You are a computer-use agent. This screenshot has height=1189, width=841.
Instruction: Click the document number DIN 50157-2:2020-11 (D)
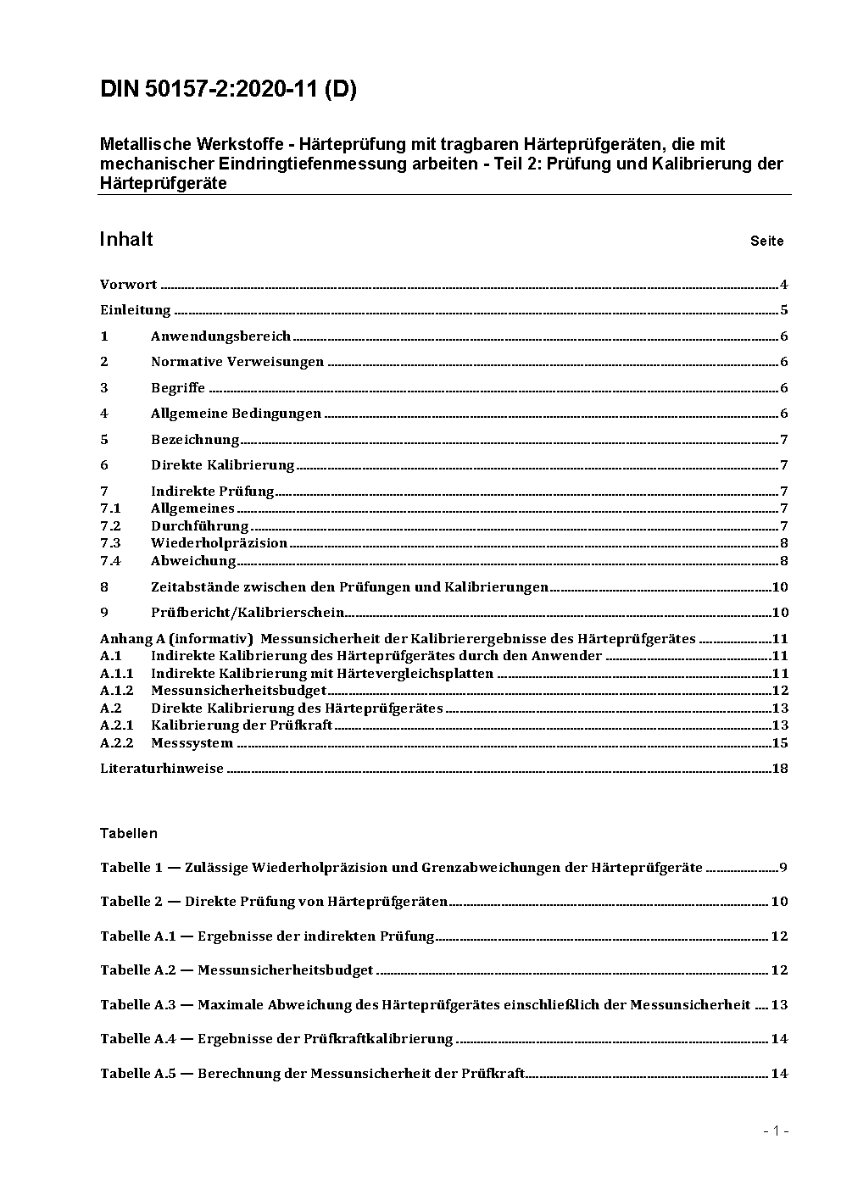(228, 89)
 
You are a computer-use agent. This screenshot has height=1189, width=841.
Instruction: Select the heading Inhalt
(126, 239)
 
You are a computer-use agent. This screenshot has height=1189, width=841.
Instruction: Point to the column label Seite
(766, 242)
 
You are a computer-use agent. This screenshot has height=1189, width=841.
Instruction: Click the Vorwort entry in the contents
(129, 285)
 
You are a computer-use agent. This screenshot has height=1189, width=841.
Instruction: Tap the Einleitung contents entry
(136, 310)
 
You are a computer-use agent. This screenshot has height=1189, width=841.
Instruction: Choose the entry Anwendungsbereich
(220, 336)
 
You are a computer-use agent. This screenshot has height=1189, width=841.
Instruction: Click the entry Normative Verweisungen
(237, 362)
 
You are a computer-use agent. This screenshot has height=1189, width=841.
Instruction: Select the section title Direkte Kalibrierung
(222, 465)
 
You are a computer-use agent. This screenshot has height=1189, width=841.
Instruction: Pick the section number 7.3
(110, 543)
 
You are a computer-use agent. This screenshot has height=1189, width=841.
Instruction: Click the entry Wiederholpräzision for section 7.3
(219, 543)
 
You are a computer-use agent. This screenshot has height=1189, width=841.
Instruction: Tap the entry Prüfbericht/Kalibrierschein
(248, 613)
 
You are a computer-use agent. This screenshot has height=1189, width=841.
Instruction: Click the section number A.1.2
(116, 691)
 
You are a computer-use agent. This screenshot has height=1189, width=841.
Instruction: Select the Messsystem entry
(192, 743)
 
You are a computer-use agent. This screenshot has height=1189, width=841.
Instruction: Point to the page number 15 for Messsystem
(780, 743)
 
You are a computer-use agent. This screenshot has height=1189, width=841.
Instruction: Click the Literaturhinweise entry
(162, 769)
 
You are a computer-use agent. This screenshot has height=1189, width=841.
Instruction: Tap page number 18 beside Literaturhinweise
(780, 769)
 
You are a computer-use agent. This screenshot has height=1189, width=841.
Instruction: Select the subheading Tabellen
(129, 833)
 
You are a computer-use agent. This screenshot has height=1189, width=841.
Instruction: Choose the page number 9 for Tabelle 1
(784, 868)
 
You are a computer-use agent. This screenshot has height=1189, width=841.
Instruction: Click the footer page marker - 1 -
(776, 1131)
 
